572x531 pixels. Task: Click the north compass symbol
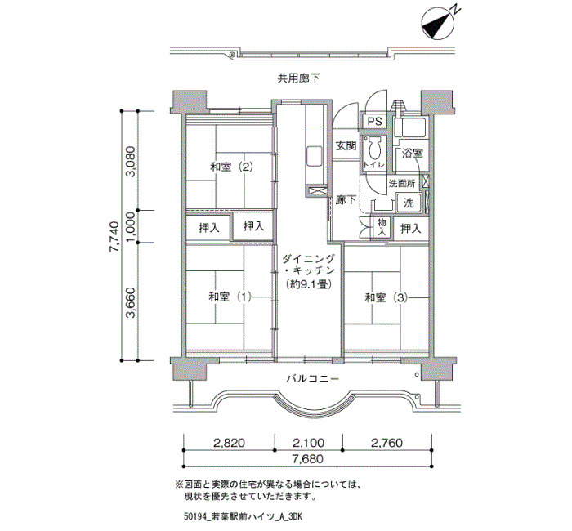(x=438, y=24)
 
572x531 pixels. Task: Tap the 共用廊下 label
(x=299, y=78)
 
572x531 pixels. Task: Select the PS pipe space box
(x=374, y=121)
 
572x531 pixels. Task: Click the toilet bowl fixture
(x=374, y=149)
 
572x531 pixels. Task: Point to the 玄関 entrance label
(x=346, y=145)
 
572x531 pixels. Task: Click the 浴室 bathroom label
(x=412, y=154)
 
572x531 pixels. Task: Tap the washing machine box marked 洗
(x=409, y=203)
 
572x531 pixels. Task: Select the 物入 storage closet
(x=382, y=228)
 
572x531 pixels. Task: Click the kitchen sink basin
(x=314, y=156)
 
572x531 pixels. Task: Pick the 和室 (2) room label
(x=231, y=167)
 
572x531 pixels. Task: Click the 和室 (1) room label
(x=230, y=297)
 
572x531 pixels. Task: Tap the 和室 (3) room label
(x=387, y=297)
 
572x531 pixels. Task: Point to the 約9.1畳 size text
(x=309, y=283)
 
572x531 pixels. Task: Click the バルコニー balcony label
(x=313, y=378)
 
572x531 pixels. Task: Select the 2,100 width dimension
(x=308, y=443)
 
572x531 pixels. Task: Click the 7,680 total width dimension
(x=307, y=458)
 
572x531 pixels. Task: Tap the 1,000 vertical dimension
(x=131, y=226)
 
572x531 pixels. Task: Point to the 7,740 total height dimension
(x=114, y=236)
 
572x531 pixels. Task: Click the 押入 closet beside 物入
(x=411, y=229)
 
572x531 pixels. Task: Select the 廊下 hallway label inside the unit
(x=346, y=200)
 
